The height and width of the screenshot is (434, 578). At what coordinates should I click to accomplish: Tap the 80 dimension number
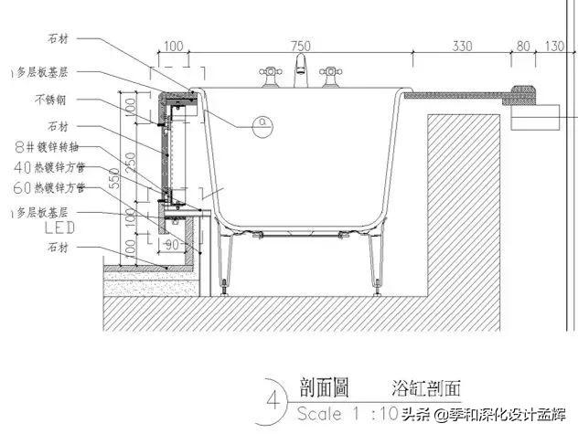(x=523, y=46)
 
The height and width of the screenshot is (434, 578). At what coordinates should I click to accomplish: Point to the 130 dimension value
(x=555, y=46)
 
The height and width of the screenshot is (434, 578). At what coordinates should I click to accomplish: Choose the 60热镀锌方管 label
(x=50, y=187)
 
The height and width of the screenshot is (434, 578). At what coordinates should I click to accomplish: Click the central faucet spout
(x=300, y=68)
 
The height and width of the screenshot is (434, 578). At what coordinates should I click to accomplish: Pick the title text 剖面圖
(x=324, y=386)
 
